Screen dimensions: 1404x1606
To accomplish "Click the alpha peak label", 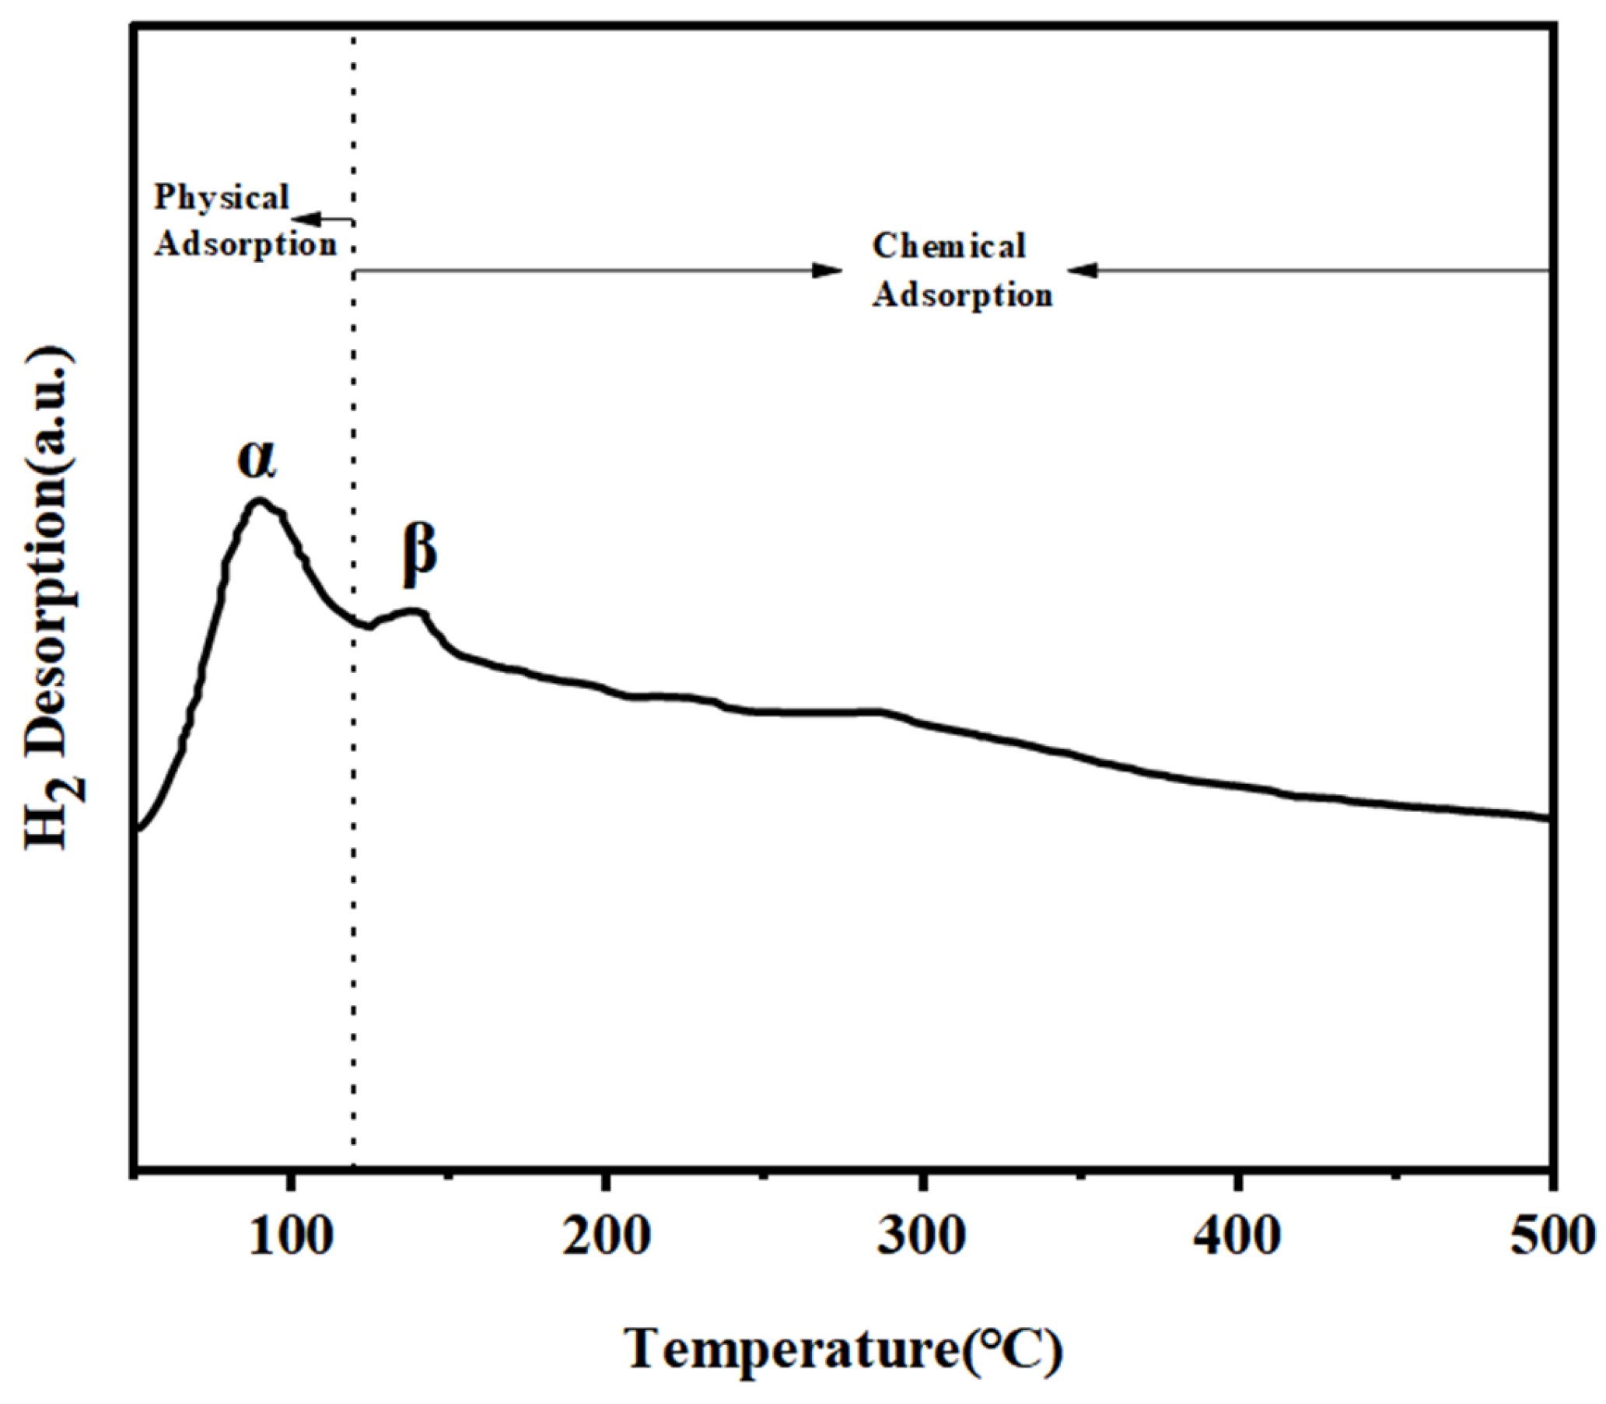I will point(257,460).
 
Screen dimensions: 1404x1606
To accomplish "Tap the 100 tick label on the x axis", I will point(291,1237).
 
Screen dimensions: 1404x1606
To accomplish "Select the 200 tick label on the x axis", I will point(607,1237).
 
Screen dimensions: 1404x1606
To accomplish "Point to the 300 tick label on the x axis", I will point(922,1237).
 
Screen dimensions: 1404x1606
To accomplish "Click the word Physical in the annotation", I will point(222,198).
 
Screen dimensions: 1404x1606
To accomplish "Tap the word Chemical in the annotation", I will point(949,246).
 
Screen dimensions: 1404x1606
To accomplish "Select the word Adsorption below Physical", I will point(245,244).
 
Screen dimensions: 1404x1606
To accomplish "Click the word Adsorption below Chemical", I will point(963,296).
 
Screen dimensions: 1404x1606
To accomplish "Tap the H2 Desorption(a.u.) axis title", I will point(53,600).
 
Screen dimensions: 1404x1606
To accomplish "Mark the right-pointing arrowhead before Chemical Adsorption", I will point(827,271).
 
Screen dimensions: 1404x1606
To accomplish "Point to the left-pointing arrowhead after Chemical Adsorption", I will point(1083,271).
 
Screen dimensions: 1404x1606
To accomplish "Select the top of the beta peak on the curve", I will point(414,611).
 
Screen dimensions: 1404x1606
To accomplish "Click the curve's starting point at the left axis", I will point(138,828).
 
